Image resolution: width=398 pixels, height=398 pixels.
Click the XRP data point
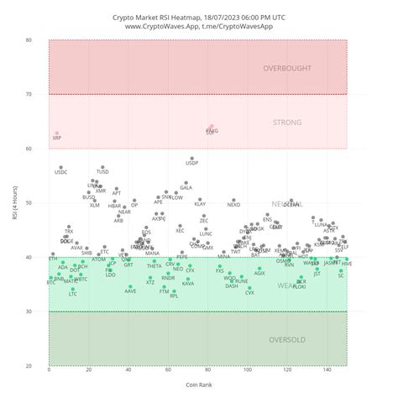pos(57,134)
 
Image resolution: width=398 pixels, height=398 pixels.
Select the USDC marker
pos(61,167)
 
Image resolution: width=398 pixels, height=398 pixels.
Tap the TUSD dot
pos(102,167)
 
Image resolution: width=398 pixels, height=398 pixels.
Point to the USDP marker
pos(192,158)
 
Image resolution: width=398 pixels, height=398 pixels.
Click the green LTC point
pos(73,289)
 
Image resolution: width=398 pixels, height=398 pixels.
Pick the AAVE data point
pos(130,286)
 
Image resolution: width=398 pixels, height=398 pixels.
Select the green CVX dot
pos(249,288)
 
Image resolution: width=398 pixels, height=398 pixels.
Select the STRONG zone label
pos(287,123)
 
